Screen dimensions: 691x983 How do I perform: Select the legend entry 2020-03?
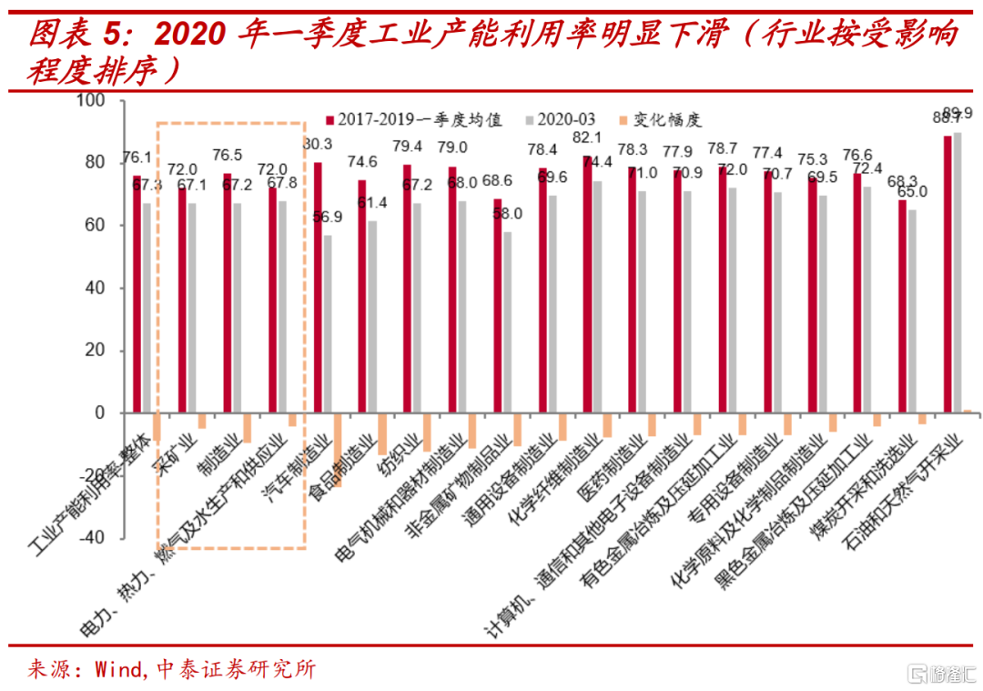565,119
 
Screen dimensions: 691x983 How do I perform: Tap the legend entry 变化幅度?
668,119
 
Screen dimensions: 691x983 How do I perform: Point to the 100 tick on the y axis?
94,100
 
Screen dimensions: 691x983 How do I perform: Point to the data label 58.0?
507,214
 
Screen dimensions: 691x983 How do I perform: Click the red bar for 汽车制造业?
318,288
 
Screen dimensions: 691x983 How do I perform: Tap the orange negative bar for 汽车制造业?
337,450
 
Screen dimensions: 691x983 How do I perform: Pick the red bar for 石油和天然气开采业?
948,274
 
